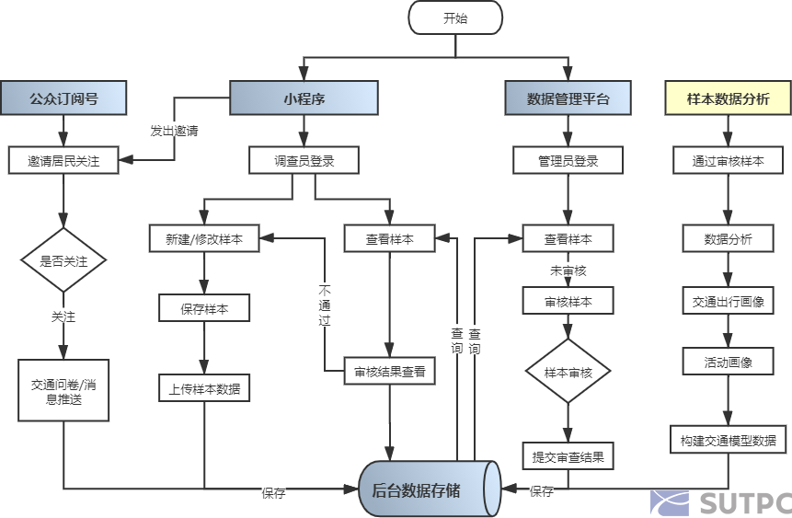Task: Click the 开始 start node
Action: pos(455,17)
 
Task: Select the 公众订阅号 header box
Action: pos(63,98)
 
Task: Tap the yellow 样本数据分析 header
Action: pos(728,98)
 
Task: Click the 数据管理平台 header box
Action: pos(568,98)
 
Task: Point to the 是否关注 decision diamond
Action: pos(63,260)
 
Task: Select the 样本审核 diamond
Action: pos(568,372)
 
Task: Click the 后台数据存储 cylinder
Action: pos(430,489)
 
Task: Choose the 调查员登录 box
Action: pos(304,161)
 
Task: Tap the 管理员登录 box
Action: pos(568,161)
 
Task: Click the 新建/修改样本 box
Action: pos(204,238)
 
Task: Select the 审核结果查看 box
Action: pos(390,372)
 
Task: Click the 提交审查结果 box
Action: pos(568,455)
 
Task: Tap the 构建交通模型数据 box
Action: pos(728,439)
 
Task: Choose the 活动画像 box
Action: pos(728,362)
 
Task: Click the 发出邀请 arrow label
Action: pos(174,131)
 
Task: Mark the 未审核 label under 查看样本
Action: pos(568,271)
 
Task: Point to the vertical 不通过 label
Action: pos(324,305)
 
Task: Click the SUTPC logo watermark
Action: pos(720,501)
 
